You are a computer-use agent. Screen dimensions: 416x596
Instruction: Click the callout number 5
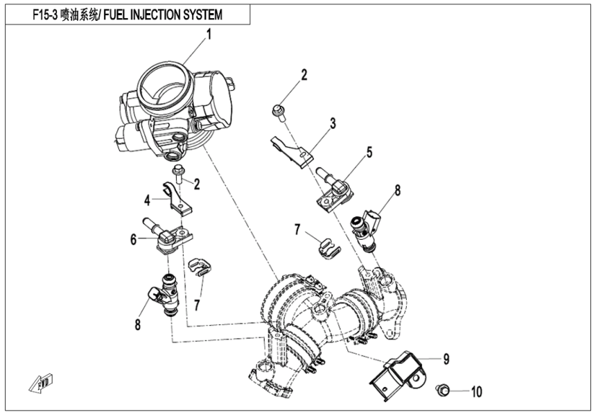tap(369, 150)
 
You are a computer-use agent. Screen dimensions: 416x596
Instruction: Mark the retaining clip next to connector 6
tap(200, 268)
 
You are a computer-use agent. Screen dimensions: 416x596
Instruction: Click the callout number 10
tap(475, 392)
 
